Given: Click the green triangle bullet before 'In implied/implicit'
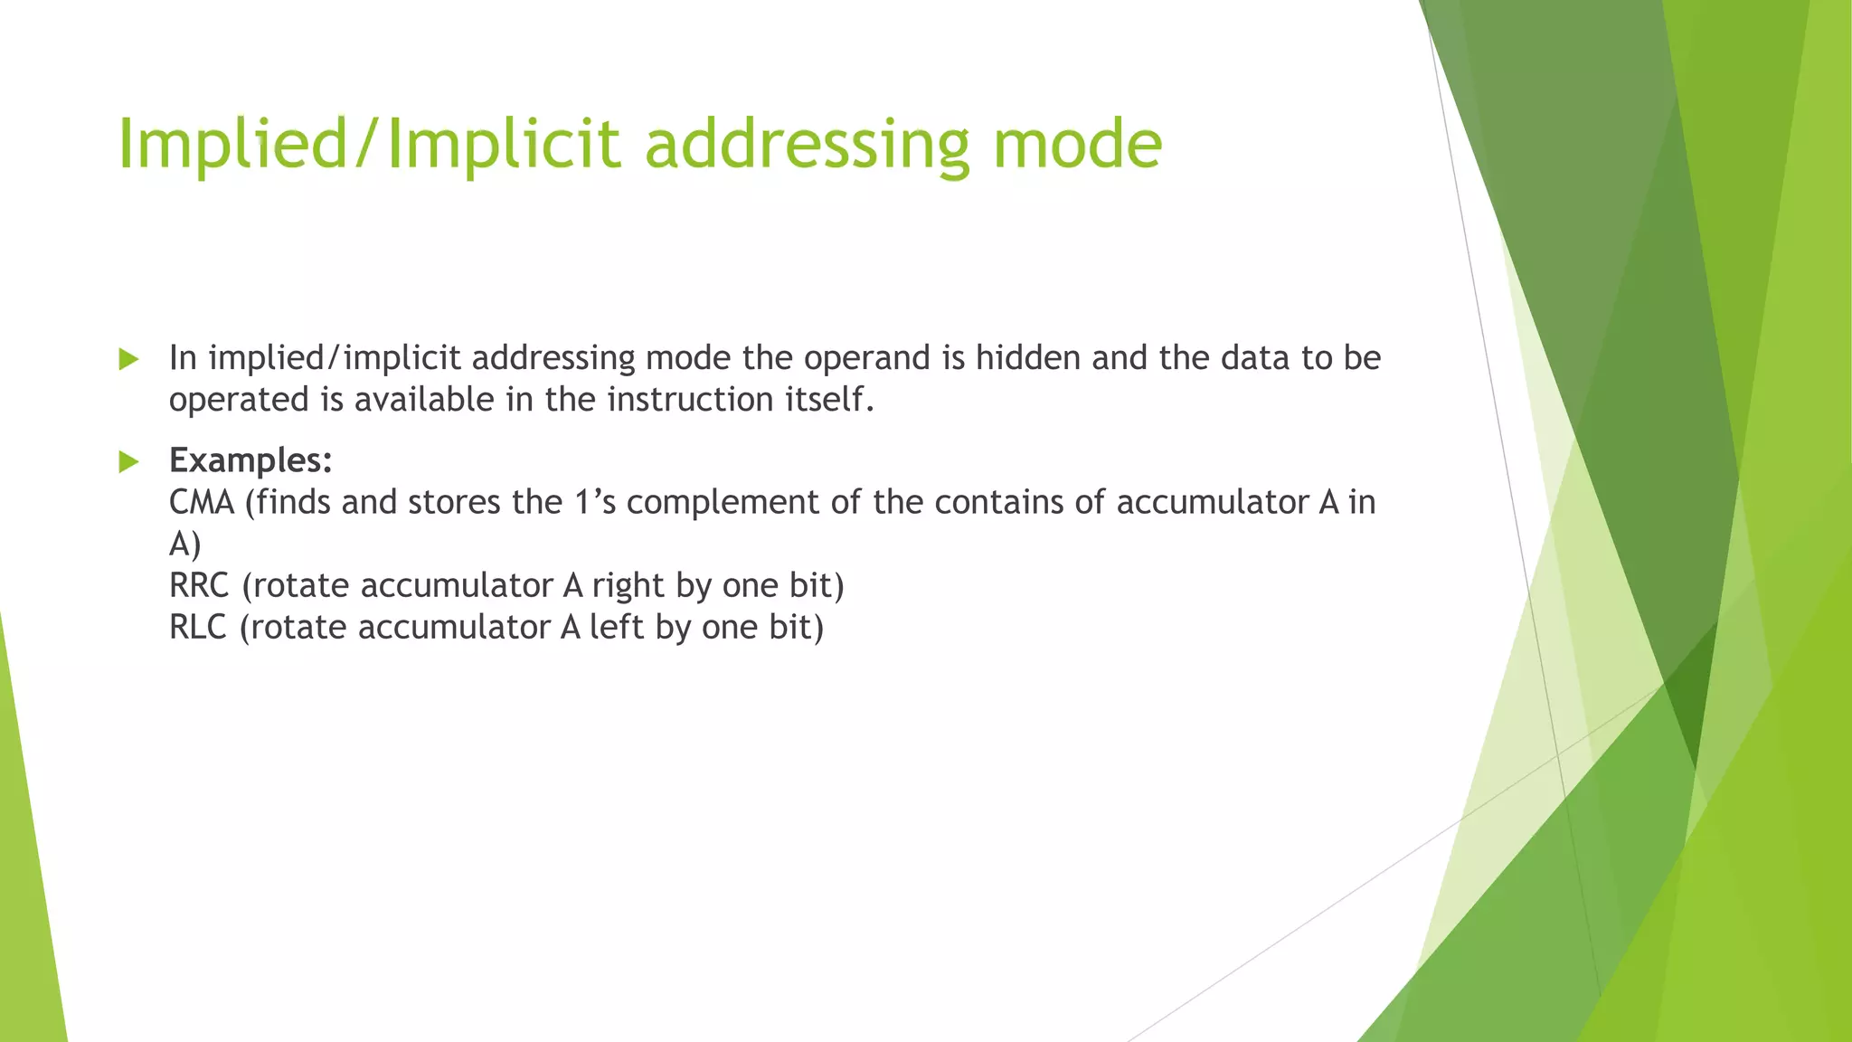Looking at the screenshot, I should tap(128, 360).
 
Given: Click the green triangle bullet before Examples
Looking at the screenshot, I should tap(128, 462).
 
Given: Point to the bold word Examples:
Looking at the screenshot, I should tap(250, 460).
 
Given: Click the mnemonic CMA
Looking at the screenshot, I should tap(201, 502).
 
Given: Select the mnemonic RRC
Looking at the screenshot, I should tap(199, 585).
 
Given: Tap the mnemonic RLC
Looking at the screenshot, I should tap(197, 627).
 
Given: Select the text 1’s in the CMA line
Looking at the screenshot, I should tap(595, 502).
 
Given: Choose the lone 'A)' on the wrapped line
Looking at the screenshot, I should tap(184, 544).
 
